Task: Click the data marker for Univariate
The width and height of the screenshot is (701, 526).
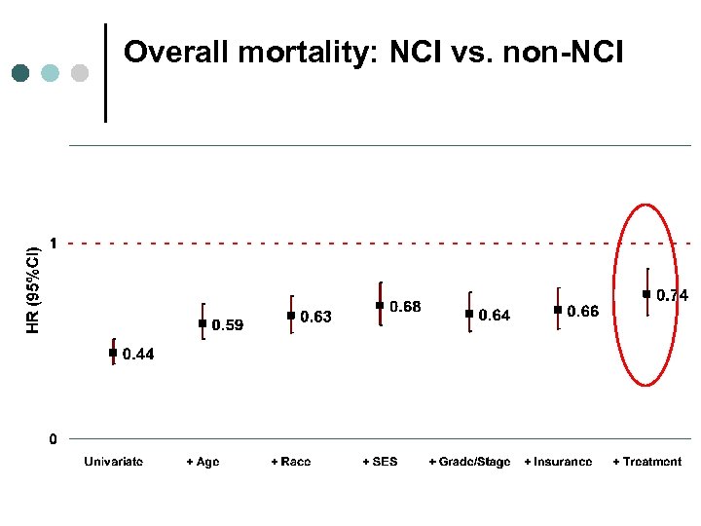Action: [113, 353]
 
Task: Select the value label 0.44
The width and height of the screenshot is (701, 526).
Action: [137, 355]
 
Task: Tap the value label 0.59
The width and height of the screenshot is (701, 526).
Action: [228, 324]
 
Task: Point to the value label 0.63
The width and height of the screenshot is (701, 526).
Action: [315, 317]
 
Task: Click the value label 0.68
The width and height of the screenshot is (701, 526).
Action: [405, 307]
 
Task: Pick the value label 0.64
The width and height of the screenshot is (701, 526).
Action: [494, 316]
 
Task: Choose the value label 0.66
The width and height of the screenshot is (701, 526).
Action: [583, 312]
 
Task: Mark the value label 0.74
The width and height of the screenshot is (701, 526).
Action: [672, 295]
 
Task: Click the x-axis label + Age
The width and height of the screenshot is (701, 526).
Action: [203, 462]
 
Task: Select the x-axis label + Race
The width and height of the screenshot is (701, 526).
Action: [291, 462]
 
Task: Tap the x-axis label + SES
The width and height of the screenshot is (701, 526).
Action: [380, 462]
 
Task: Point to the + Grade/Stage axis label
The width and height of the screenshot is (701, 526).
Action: [469, 462]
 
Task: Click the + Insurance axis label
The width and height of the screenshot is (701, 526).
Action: [558, 462]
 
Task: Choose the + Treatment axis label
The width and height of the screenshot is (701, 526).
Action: [646, 462]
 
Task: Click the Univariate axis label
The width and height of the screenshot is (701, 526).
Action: [113, 462]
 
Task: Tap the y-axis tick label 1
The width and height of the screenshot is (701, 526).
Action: [54, 243]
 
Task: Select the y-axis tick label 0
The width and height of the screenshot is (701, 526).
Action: [54, 439]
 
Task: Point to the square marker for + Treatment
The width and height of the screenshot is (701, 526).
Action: [646, 293]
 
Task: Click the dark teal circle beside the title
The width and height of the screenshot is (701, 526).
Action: [21, 73]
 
